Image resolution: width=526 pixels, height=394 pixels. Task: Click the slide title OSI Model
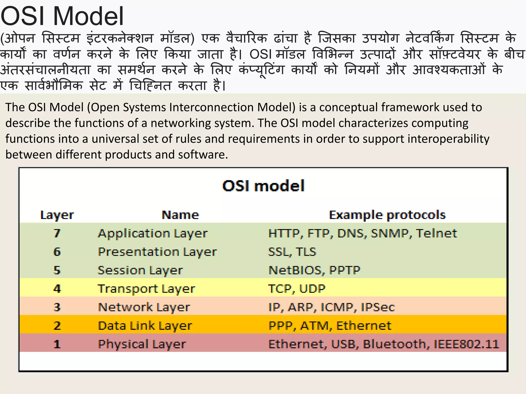coord(62,16)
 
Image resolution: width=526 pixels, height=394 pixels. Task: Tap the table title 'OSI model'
coord(263,186)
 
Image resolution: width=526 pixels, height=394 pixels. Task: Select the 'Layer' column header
coord(57,215)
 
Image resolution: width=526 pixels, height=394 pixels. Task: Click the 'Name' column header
coord(180,215)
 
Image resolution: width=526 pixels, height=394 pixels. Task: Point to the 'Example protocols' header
coord(387,215)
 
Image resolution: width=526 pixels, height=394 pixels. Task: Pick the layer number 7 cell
coord(57,233)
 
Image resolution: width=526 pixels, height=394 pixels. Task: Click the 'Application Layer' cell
coord(153,233)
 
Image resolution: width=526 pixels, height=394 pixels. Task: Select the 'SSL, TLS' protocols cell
coord(292,252)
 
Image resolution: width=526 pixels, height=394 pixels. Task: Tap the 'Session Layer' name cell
coord(140,270)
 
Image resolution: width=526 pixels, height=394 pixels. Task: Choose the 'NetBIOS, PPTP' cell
coord(314,270)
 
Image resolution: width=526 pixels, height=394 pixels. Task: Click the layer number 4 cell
coord(57,289)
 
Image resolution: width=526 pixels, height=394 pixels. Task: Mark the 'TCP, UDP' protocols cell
coord(297,289)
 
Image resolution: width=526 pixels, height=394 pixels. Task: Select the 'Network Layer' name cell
coord(144,307)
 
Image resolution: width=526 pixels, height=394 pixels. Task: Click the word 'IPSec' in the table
coord(378,307)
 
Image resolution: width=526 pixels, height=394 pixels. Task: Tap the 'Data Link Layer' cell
coord(145,326)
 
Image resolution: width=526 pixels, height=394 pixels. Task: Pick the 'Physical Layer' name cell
coord(142,344)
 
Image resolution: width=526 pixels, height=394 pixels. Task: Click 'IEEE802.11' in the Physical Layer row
coord(466,344)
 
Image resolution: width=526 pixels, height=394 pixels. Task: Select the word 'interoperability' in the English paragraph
coord(448,139)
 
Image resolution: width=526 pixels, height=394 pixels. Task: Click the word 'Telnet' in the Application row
coord(436,233)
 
